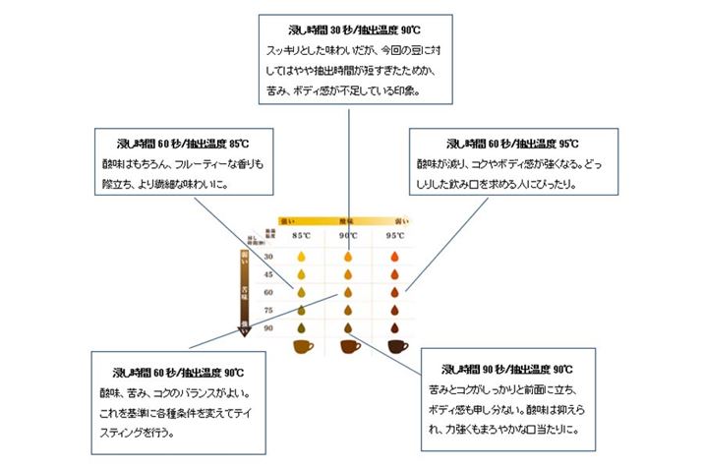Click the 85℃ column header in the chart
pos(300,236)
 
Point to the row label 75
pos(268,309)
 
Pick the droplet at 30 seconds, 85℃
pos(300,257)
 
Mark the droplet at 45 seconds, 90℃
pos(347,274)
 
